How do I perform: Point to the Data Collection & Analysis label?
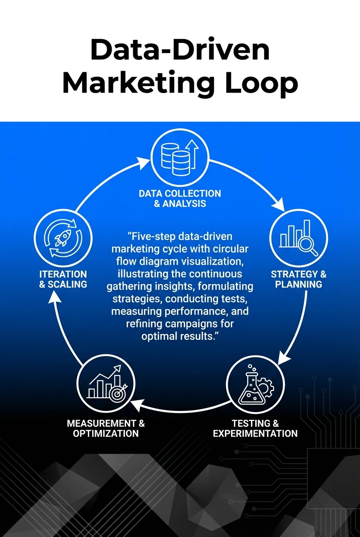pyautogui.click(x=180, y=198)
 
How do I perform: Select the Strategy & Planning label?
pyautogui.click(x=299, y=279)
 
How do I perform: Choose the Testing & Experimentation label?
pyautogui.click(x=255, y=428)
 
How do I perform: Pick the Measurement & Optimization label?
pyautogui.click(x=106, y=428)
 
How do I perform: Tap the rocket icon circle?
pyautogui.click(x=62, y=238)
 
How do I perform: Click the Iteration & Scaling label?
pyautogui.click(x=63, y=279)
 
